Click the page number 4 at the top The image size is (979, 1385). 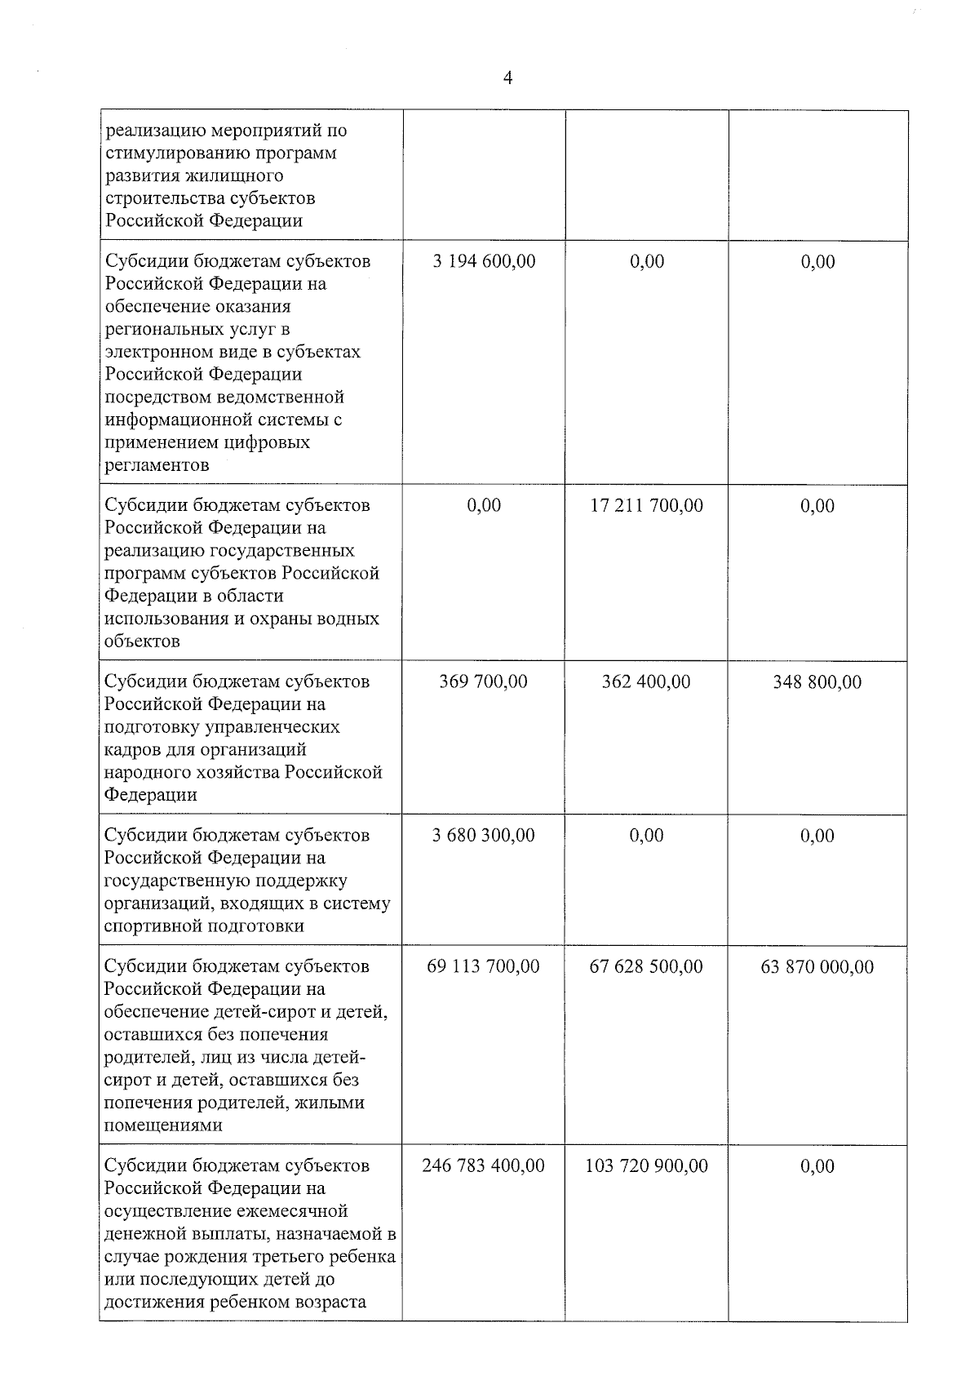[508, 78]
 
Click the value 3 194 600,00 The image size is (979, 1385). [484, 261]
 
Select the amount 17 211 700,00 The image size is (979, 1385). [646, 505]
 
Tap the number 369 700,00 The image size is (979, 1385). [484, 681]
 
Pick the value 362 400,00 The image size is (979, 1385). [646, 681]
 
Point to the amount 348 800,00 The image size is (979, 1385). [817, 682]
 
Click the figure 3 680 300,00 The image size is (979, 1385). [484, 836]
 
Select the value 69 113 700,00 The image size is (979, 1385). [483, 966]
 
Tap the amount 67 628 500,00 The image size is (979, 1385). [646, 966]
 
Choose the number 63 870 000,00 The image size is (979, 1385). [817, 967]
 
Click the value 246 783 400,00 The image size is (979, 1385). [483, 1165]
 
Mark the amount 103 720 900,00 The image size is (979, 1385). [646, 1165]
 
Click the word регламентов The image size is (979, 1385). [157, 466]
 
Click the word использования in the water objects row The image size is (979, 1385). [166, 619]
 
